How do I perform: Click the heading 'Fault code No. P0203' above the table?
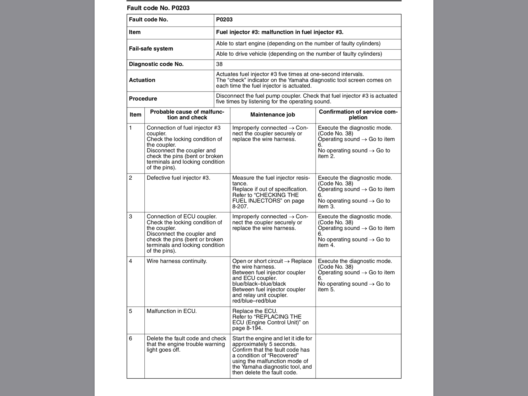(x=158, y=8)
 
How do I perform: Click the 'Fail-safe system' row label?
(x=151, y=49)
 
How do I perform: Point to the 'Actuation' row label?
(x=142, y=80)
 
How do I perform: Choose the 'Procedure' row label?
(x=143, y=99)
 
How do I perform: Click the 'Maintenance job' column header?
(x=273, y=115)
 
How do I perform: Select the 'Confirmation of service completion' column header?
(x=358, y=115)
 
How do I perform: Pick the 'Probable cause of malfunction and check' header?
(x=187, y=115)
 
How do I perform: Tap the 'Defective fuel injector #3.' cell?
(x=178, y=178)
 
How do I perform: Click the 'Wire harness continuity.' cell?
(x=177, y=261)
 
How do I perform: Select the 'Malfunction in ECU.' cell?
(x=171, y=311)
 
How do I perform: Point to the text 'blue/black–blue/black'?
(x=259, y=284)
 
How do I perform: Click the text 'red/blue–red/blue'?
(x=254, y=301)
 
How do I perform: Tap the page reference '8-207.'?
(x=240, y=207)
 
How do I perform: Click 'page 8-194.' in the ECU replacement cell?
(x=247, y=328)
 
